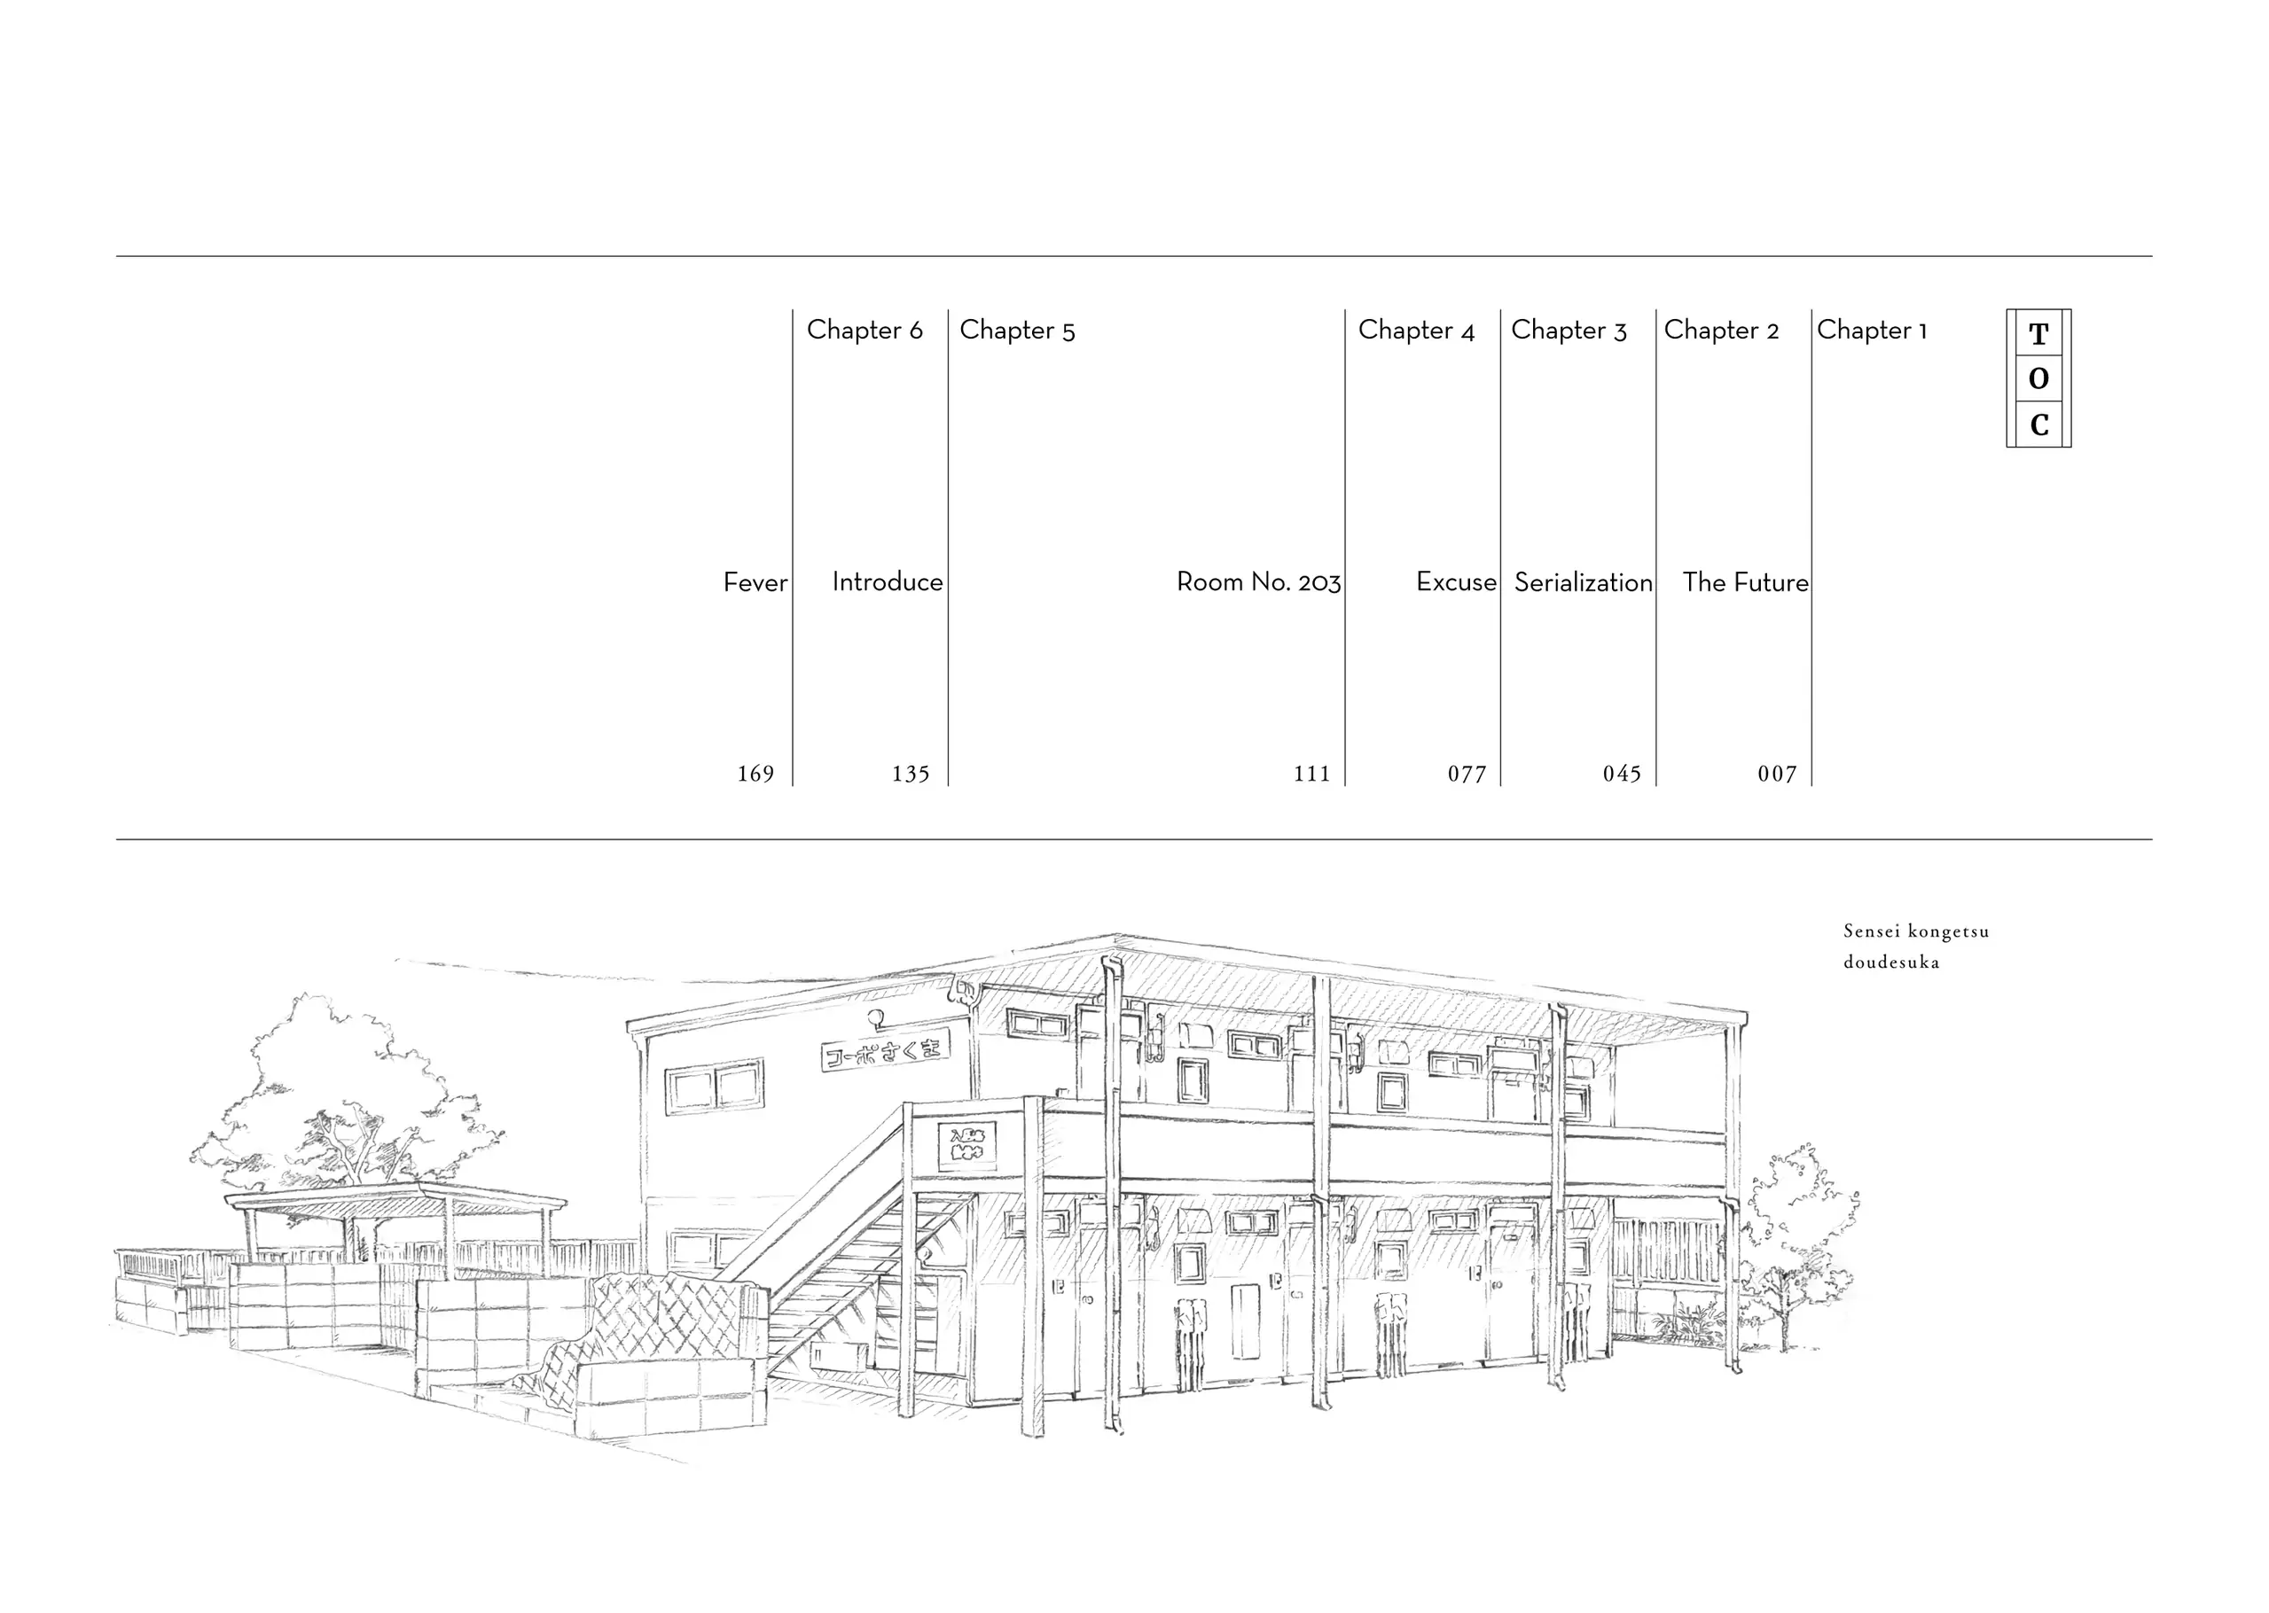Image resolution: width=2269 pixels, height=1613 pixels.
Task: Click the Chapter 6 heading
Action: pyautogui.click(x=865, y=330)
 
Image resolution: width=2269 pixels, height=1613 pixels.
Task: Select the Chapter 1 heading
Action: pyautogui.click(x=1872, y=330)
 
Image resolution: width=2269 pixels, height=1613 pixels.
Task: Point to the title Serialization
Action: pyautogui.click(x=1583, y=582)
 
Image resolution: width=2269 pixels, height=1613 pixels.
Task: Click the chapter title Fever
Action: pyautogui.click(x=755, y=582)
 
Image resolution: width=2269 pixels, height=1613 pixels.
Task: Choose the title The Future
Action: pyautogui.click(x=1744, y=582)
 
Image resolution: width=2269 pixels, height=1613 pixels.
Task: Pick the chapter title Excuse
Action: pyautogui.click(x=1455, y=582)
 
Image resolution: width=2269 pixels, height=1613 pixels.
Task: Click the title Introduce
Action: pyautogui.click(x=888, y=582)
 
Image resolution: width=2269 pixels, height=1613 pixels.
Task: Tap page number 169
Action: pyautogui.click(x=755, y=774)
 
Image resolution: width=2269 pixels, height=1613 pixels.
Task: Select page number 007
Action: pyautogui.click(x=1776, y=774)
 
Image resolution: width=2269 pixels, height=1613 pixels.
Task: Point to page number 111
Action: pyautogui.click(x=1311, y=774)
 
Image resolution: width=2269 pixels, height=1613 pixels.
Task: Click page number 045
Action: pyautogui.click(x=1621, y=774)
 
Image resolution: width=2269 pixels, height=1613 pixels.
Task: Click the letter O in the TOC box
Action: pyautogui.click(x=2038, y=378)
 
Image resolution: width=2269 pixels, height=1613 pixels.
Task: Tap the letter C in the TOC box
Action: pyautogui.click(x=2038, y=425)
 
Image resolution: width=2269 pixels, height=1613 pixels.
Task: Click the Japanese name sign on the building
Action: pyautogui.click(x=885, y=1050)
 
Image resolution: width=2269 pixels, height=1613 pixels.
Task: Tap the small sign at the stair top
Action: pyautogui.click(x=966, y=1145)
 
